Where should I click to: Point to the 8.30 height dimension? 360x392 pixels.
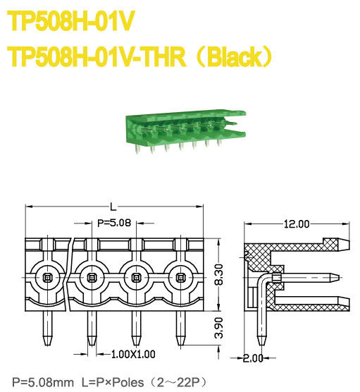point(219,272)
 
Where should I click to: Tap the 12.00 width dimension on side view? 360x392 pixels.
point(296,224)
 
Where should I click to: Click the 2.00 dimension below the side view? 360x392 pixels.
point(252,358)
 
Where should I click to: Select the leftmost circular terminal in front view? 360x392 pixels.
point(48,278)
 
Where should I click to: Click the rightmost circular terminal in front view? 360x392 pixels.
point(181,278)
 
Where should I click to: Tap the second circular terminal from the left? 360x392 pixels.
point(92,278)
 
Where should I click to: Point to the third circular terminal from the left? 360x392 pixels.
point(137,278)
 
